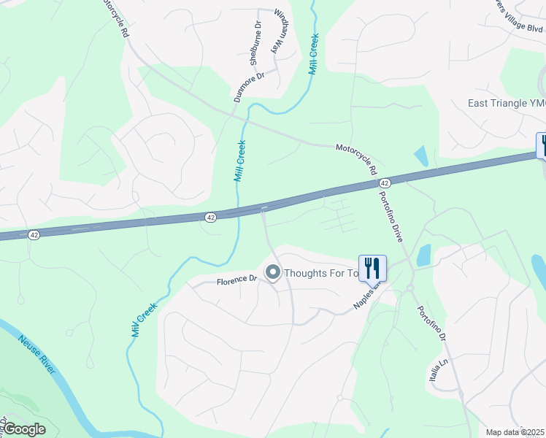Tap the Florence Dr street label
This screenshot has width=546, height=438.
(x=237, y=279)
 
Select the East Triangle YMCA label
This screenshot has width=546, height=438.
(x=507, y=103)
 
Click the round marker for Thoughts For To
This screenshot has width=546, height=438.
(x=273, y=273)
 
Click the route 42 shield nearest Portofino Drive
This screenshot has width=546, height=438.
(x=385, y=182)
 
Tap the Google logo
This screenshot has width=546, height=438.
(x=23, y=429)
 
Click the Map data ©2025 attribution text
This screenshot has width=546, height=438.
(x=515, y=432)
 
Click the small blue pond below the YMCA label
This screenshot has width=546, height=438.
(x=420, y=155)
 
